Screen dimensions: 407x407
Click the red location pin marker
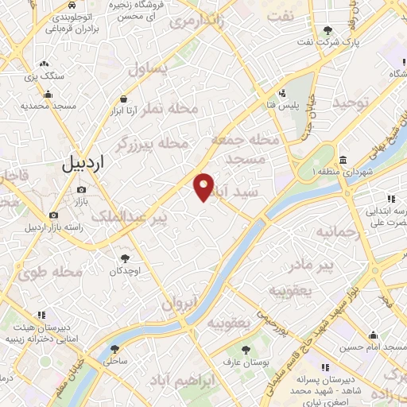click(x=204, y=187)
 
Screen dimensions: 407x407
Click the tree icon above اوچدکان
click(x=125, y=258)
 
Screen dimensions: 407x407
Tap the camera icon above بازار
click(x=81, y=190)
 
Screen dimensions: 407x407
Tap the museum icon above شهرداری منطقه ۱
click(x=343, y=158)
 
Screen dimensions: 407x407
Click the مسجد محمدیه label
click(x=48, y=106)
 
